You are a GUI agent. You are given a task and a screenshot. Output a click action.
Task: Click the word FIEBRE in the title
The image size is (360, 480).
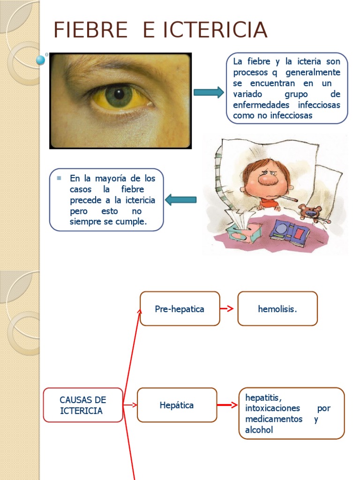point(90,30)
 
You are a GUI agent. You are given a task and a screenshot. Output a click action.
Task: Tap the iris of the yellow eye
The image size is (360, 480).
point(119,96)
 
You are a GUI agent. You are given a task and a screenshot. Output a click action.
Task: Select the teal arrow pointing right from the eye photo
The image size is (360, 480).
point(209,92)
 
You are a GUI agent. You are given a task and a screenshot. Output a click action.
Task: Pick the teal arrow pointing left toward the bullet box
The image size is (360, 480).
point(181,200)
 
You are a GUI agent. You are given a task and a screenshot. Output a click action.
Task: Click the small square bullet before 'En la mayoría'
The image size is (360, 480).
point(59,178)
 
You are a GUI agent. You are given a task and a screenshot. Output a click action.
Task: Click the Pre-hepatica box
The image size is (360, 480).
point(180,309)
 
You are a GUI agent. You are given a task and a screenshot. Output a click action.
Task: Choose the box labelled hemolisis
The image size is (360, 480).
point(277,309)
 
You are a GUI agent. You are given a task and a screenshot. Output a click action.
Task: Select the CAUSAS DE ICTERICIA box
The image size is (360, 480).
point(83,405)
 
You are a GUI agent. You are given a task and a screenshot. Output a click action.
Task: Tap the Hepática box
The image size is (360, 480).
point(177,405)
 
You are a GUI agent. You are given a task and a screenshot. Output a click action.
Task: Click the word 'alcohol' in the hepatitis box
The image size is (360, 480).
point(259,430)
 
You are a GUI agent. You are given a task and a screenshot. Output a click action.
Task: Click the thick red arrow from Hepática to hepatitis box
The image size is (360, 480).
point(228,405)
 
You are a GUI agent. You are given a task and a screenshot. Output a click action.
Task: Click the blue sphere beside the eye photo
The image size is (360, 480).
point(41,60)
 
